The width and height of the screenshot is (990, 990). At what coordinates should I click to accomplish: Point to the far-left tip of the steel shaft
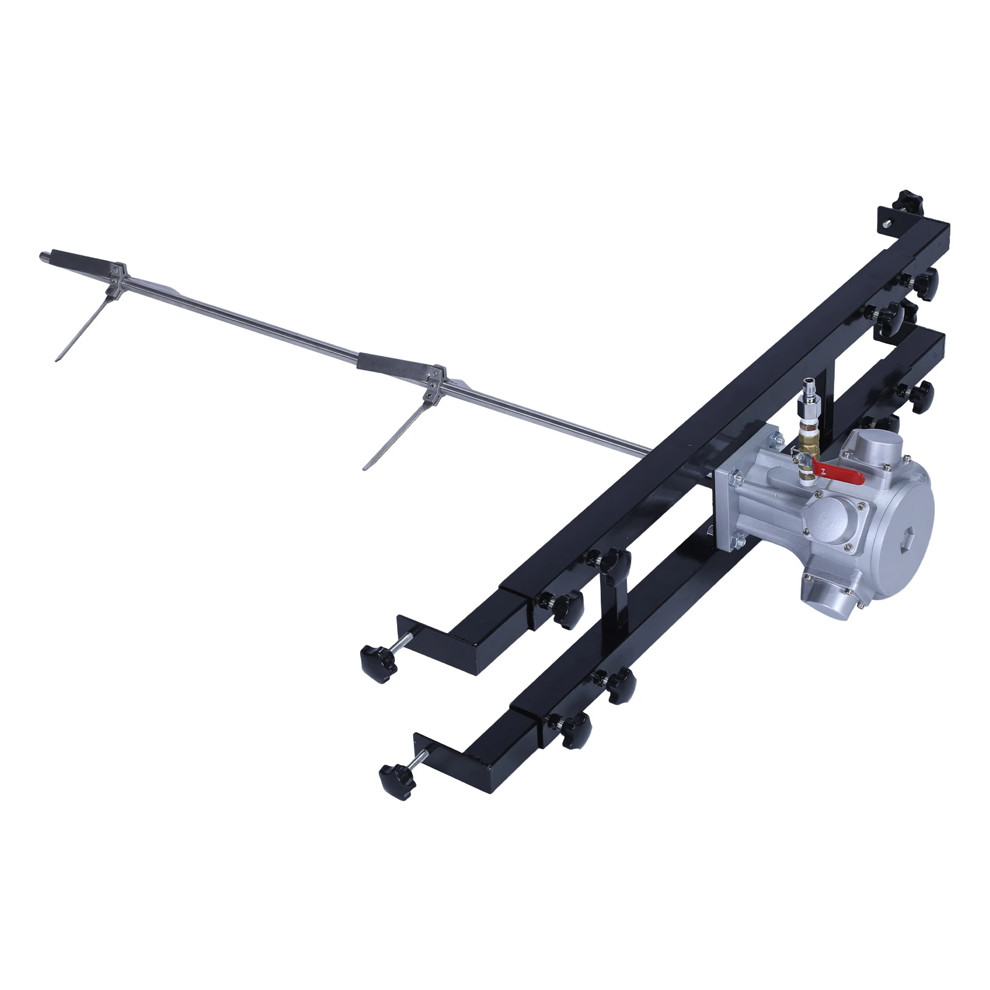[43, 256]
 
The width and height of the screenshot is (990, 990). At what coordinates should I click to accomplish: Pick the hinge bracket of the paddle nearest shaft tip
[118, 278]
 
